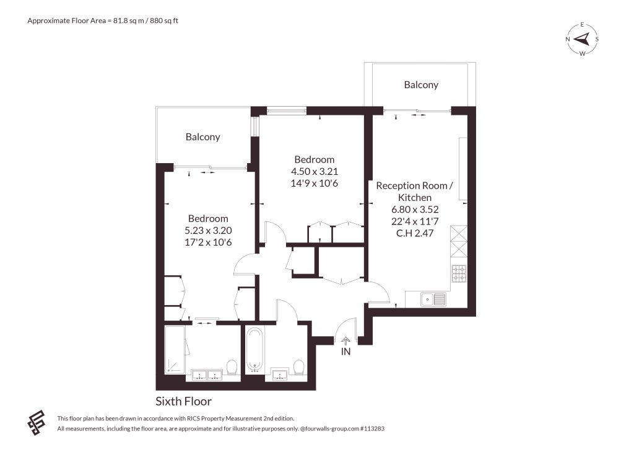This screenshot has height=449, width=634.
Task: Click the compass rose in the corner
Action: (582, 39)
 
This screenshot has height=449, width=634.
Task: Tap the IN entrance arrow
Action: (346, 341)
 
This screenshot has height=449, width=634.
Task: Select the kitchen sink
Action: (433, 299)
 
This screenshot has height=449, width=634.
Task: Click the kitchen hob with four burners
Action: (459, 273)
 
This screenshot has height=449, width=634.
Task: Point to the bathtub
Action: (254, 350)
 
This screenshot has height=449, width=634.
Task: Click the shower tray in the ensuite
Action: (175, 349)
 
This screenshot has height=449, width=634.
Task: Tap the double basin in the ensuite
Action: (207, 375)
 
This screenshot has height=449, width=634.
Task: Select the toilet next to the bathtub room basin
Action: (299, 367)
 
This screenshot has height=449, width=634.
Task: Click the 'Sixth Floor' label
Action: (183, 401)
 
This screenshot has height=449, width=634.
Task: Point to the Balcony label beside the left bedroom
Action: (202, 137)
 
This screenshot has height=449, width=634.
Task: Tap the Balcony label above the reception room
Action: (421, 84)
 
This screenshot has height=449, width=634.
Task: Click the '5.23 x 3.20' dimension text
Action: (208, 230)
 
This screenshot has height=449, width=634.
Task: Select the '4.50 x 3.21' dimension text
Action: (315, 171)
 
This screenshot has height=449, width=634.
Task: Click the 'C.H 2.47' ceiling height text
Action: (415, 233)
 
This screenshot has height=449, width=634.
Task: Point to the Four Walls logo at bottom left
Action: (37, 423)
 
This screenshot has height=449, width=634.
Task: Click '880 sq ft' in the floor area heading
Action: (164, 20)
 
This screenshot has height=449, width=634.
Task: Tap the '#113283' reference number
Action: (372, 429)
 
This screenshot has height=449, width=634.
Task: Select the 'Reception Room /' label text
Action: (414, 186)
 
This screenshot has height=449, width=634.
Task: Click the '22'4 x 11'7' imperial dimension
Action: (415, 221)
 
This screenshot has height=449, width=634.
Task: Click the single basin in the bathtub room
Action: (279, 375)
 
